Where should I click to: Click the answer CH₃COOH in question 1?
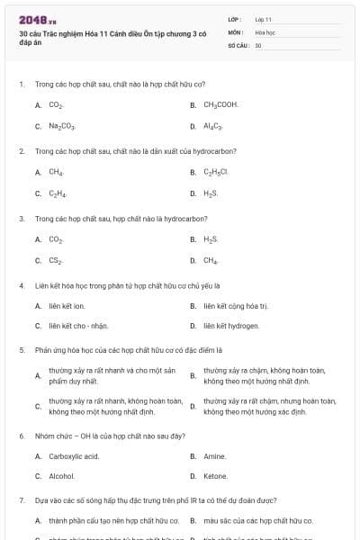220,104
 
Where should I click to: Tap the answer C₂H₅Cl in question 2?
216,171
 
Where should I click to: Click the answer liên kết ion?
67,305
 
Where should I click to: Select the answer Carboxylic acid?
74,455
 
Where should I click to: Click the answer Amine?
214,455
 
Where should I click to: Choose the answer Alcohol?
61,476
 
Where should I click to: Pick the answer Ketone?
215,476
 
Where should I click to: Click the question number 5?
22,348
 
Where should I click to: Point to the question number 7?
22,498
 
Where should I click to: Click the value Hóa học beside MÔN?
265,31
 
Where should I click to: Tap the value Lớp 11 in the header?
263,18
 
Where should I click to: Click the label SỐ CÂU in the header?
237,44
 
